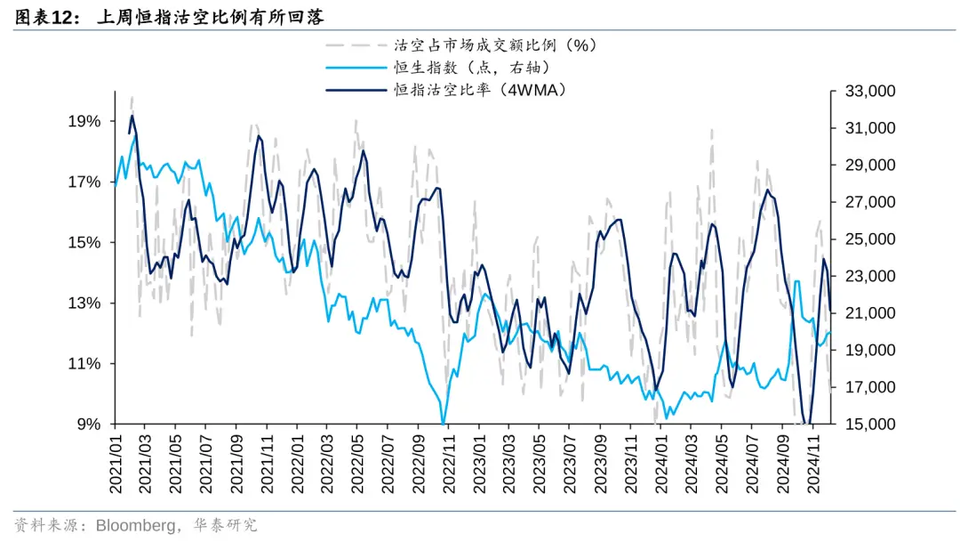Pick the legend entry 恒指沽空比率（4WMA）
tap(480, 90)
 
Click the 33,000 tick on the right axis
tap(862, 92)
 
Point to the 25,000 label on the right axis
tap(862, 239)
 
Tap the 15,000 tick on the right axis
tap(862, 424)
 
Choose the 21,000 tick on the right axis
tap(862, 313)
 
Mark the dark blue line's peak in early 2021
tap(132, 116)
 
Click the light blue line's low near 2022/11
tap(443, 424)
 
